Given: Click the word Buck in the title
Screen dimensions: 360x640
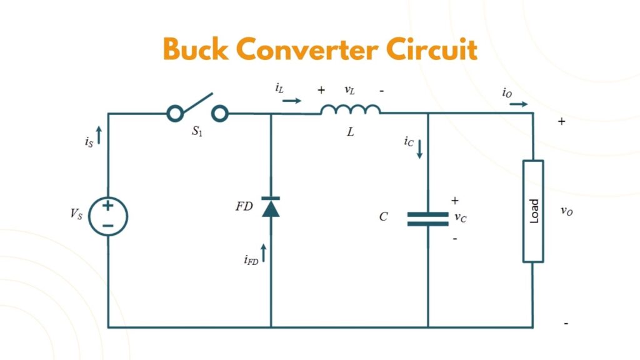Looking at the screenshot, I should (195, 49).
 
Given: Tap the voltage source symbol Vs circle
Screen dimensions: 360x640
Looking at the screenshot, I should (108, 216).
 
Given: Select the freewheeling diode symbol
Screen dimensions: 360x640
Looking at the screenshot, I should (271, 206).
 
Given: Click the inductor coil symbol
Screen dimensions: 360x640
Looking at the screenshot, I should (350, 110).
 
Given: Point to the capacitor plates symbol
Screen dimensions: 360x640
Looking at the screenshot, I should (427, 218).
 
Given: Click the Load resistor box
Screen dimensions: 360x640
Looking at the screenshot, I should (533, 211).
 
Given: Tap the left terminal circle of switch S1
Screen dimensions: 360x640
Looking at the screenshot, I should (175, 113).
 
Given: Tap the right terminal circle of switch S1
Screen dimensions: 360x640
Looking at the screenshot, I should (220, 113).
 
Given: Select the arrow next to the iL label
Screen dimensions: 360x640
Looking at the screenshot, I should (292, 100).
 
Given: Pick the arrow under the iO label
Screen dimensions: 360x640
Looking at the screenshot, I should (518, 104).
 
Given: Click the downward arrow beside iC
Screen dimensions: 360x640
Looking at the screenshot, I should (421, 149).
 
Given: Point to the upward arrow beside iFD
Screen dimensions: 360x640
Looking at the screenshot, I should (263, 252).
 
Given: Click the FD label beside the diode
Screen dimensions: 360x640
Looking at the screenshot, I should (244, 206).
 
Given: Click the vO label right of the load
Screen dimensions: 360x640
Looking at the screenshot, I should (566, 211).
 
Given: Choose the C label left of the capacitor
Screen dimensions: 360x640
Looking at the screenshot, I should (383, 217).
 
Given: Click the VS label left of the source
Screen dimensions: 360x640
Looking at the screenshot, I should (76, 214).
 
